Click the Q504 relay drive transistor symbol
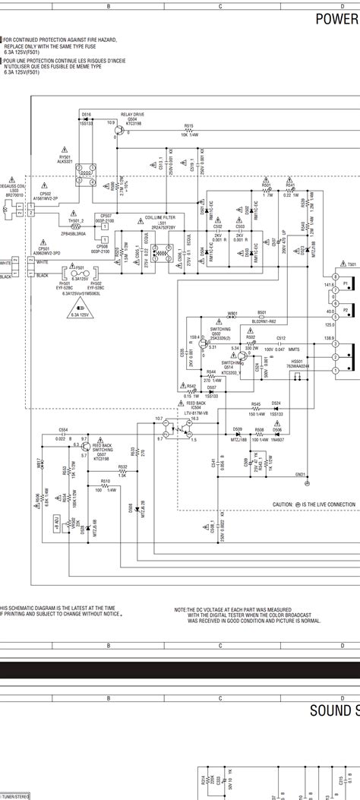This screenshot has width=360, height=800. tap(119, 130)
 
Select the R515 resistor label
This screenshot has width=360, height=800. tap(188, 125)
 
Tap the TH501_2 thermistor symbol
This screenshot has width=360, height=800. tap(74, 226)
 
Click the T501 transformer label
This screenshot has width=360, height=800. tap(352, 264)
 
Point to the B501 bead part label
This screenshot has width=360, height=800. tap(241, 312)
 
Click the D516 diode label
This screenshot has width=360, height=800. tap(86, 113)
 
